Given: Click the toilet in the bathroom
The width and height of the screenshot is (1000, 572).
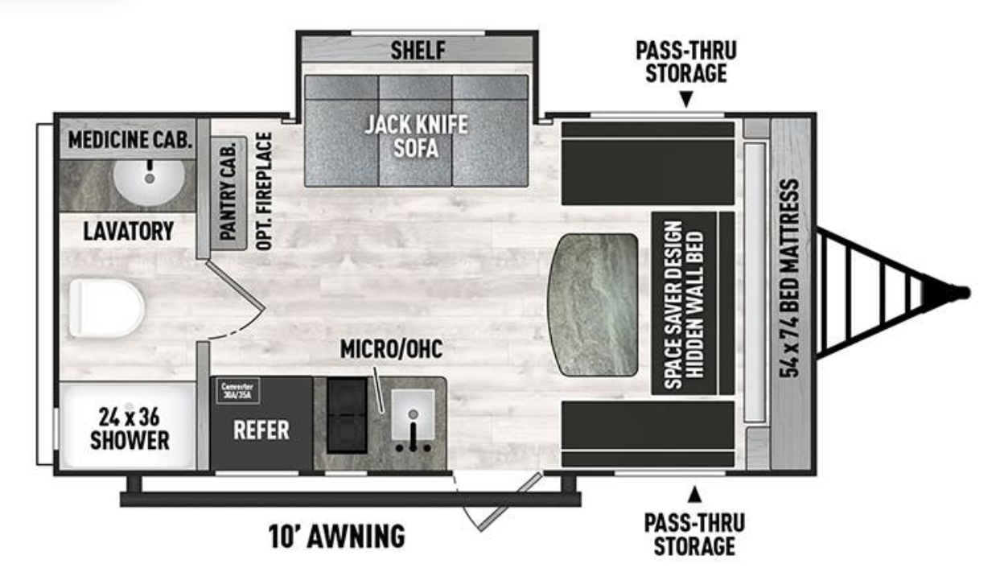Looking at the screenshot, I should (105, 308).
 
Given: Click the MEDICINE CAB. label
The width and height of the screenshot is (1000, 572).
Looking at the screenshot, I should (130, 140).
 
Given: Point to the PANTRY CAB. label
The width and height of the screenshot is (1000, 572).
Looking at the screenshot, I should (228, 191).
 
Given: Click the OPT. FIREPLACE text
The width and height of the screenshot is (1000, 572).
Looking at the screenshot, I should (265, 191).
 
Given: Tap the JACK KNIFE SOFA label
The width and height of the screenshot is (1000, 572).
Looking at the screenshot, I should (416, 136).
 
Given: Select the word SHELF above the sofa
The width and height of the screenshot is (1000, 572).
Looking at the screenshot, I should (418, 51).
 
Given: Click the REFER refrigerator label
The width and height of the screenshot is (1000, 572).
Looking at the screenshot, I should (261, 430).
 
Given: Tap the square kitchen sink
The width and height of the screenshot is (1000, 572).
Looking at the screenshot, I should (413, 415).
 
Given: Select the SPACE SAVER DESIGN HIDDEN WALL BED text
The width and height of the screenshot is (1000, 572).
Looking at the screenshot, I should (683, 305).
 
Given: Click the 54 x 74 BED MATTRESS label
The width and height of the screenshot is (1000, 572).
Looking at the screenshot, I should (792, 278).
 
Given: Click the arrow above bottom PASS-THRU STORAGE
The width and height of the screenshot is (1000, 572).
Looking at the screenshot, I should (693, 491).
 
